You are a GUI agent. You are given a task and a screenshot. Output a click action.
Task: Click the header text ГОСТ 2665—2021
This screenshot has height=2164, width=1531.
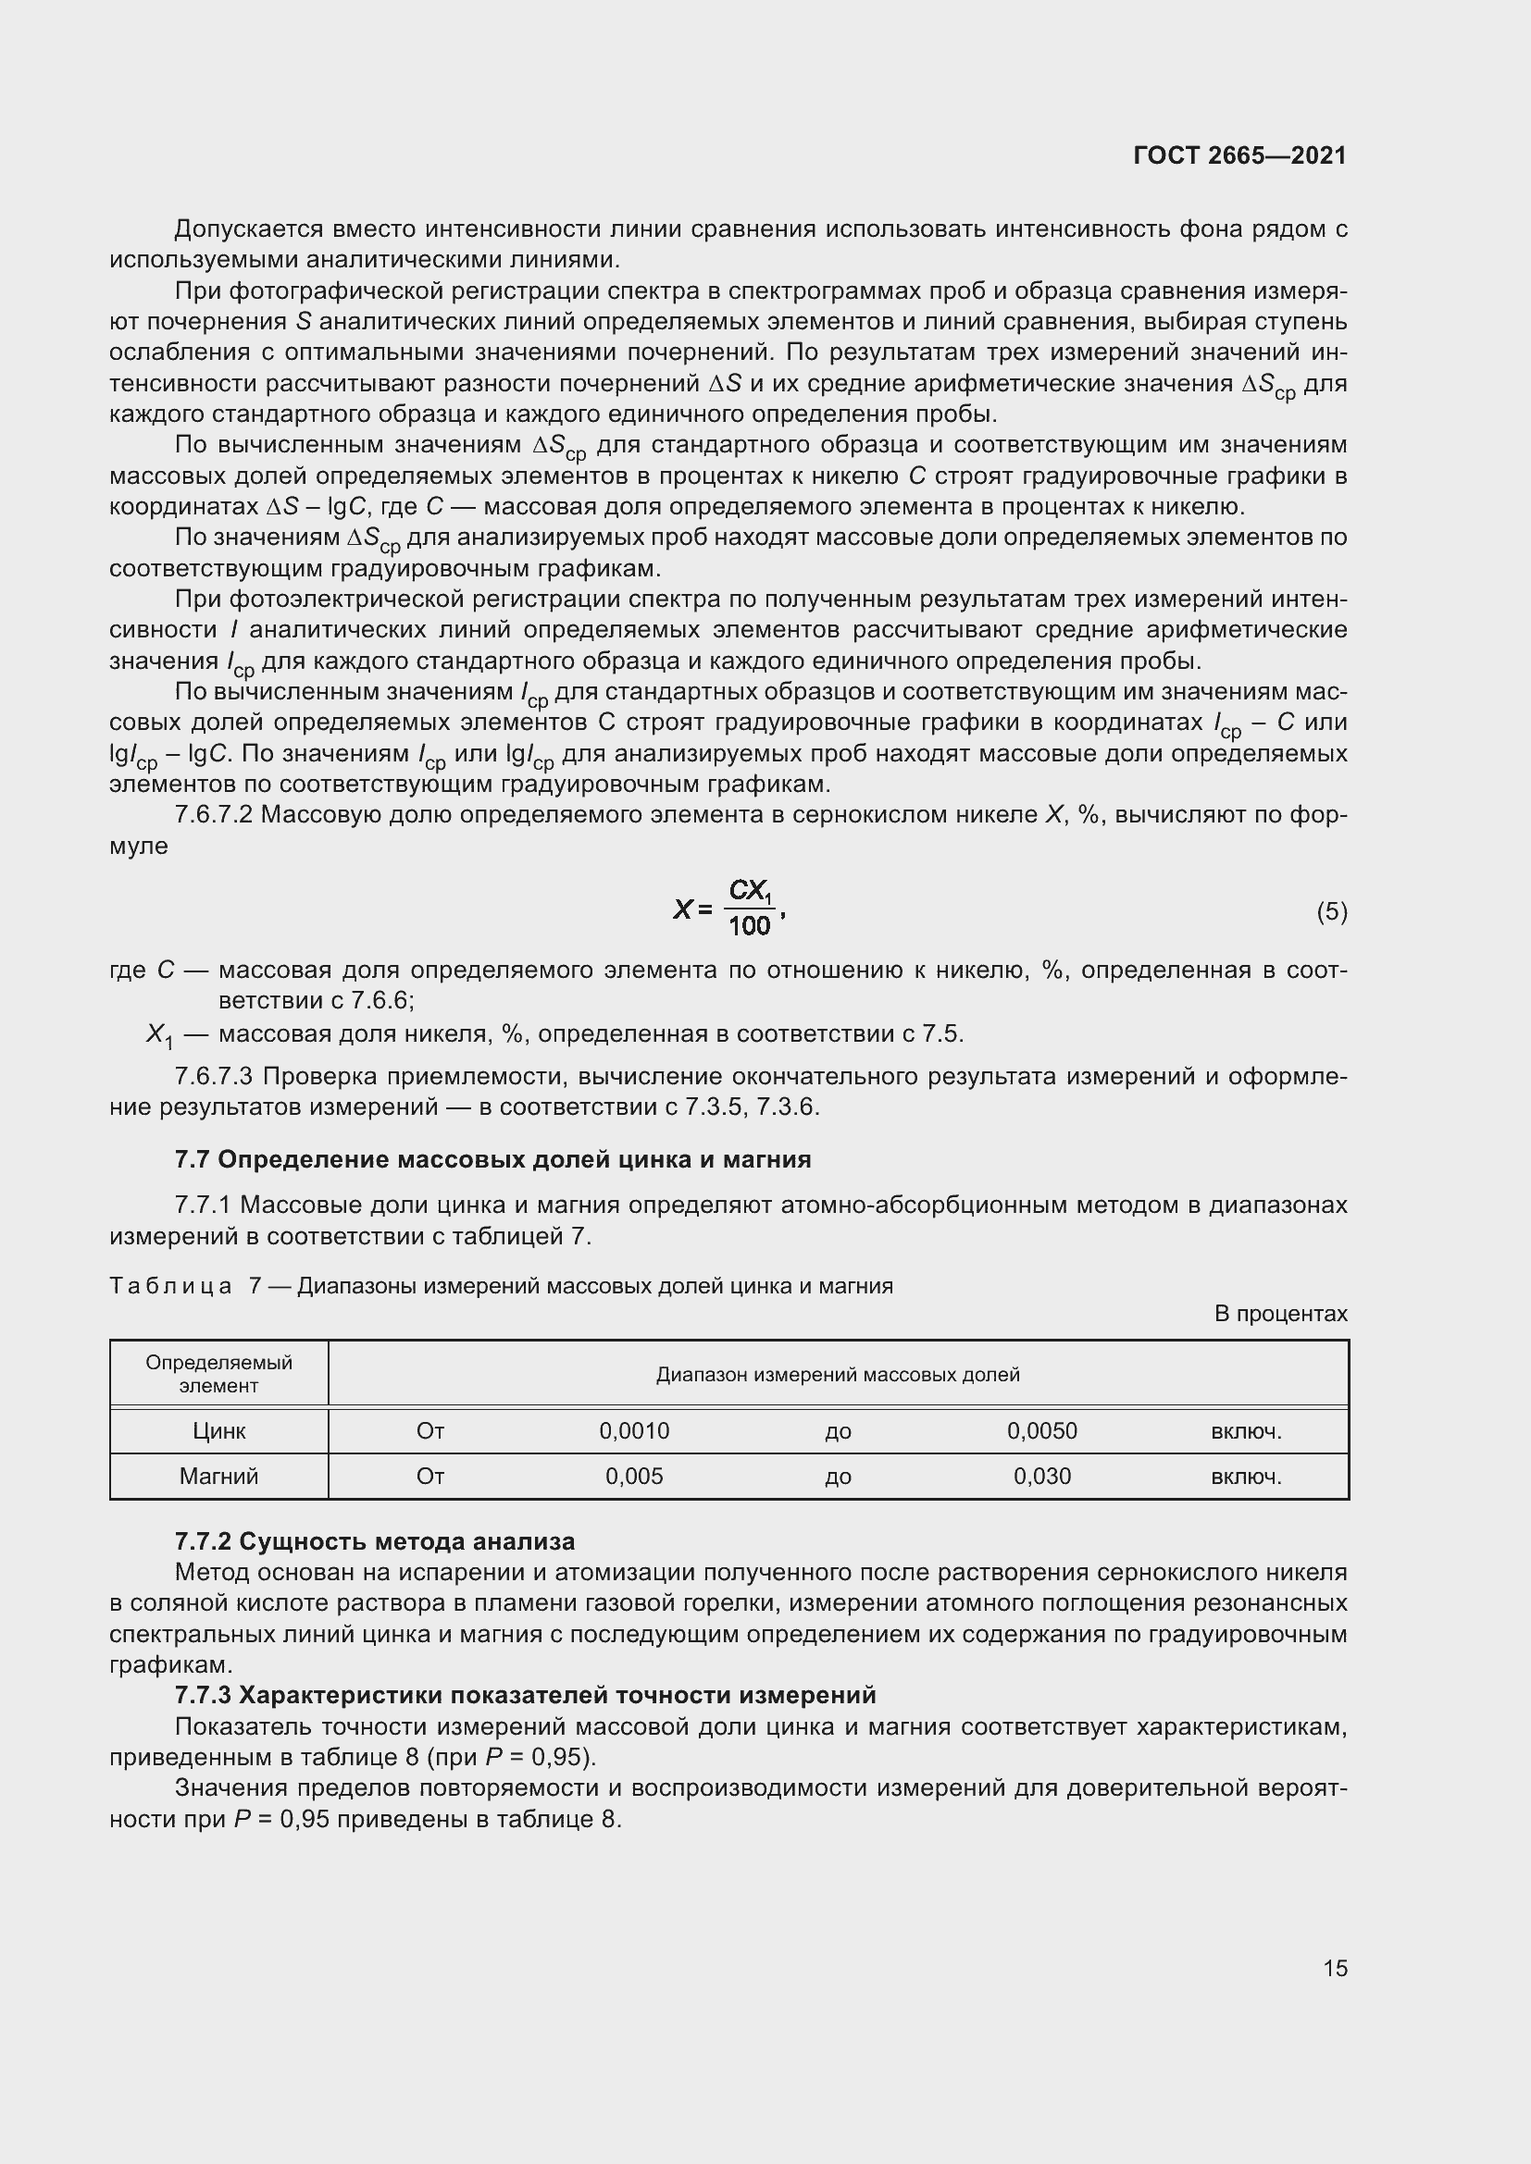1238,155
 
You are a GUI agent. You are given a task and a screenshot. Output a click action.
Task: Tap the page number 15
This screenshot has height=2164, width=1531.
1335,1968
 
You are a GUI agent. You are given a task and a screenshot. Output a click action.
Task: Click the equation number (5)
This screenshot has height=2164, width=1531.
1331,911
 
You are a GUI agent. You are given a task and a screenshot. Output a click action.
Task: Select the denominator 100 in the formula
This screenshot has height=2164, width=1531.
750,926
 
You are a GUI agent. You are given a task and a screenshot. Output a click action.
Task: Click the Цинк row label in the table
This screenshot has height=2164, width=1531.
218,1430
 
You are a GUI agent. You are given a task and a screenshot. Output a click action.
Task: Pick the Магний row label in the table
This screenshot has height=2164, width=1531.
218,1476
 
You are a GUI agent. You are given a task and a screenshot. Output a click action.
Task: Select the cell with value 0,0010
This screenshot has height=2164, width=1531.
634,1430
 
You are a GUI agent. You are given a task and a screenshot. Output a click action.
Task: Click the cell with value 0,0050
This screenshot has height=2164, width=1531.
1041,1430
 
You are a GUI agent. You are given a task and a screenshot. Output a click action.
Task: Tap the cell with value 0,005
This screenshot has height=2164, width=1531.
634,1476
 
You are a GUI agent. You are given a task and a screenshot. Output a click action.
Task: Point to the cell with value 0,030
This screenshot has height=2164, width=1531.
1041,1476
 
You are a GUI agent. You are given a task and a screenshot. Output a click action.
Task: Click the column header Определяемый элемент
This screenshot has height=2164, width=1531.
218,1374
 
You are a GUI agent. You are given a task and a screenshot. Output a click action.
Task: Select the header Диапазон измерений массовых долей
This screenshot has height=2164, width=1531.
837,1374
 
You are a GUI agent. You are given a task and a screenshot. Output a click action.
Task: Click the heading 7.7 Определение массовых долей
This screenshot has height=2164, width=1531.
492,1159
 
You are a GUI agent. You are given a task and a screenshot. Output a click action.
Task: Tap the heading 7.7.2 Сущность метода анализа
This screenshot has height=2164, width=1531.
374,1542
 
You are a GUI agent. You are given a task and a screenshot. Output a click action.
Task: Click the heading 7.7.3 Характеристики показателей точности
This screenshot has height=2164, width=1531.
525,1695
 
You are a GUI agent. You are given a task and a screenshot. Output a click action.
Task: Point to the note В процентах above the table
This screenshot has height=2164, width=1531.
1280,1314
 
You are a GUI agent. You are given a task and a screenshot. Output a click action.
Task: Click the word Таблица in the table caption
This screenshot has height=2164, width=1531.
170,1286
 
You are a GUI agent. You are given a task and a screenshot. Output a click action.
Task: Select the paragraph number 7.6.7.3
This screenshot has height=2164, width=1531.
214,1076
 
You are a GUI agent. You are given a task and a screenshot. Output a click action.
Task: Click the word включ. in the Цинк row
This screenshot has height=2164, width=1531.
1245,1430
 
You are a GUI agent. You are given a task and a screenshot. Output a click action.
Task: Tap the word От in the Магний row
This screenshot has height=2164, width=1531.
430,1476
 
